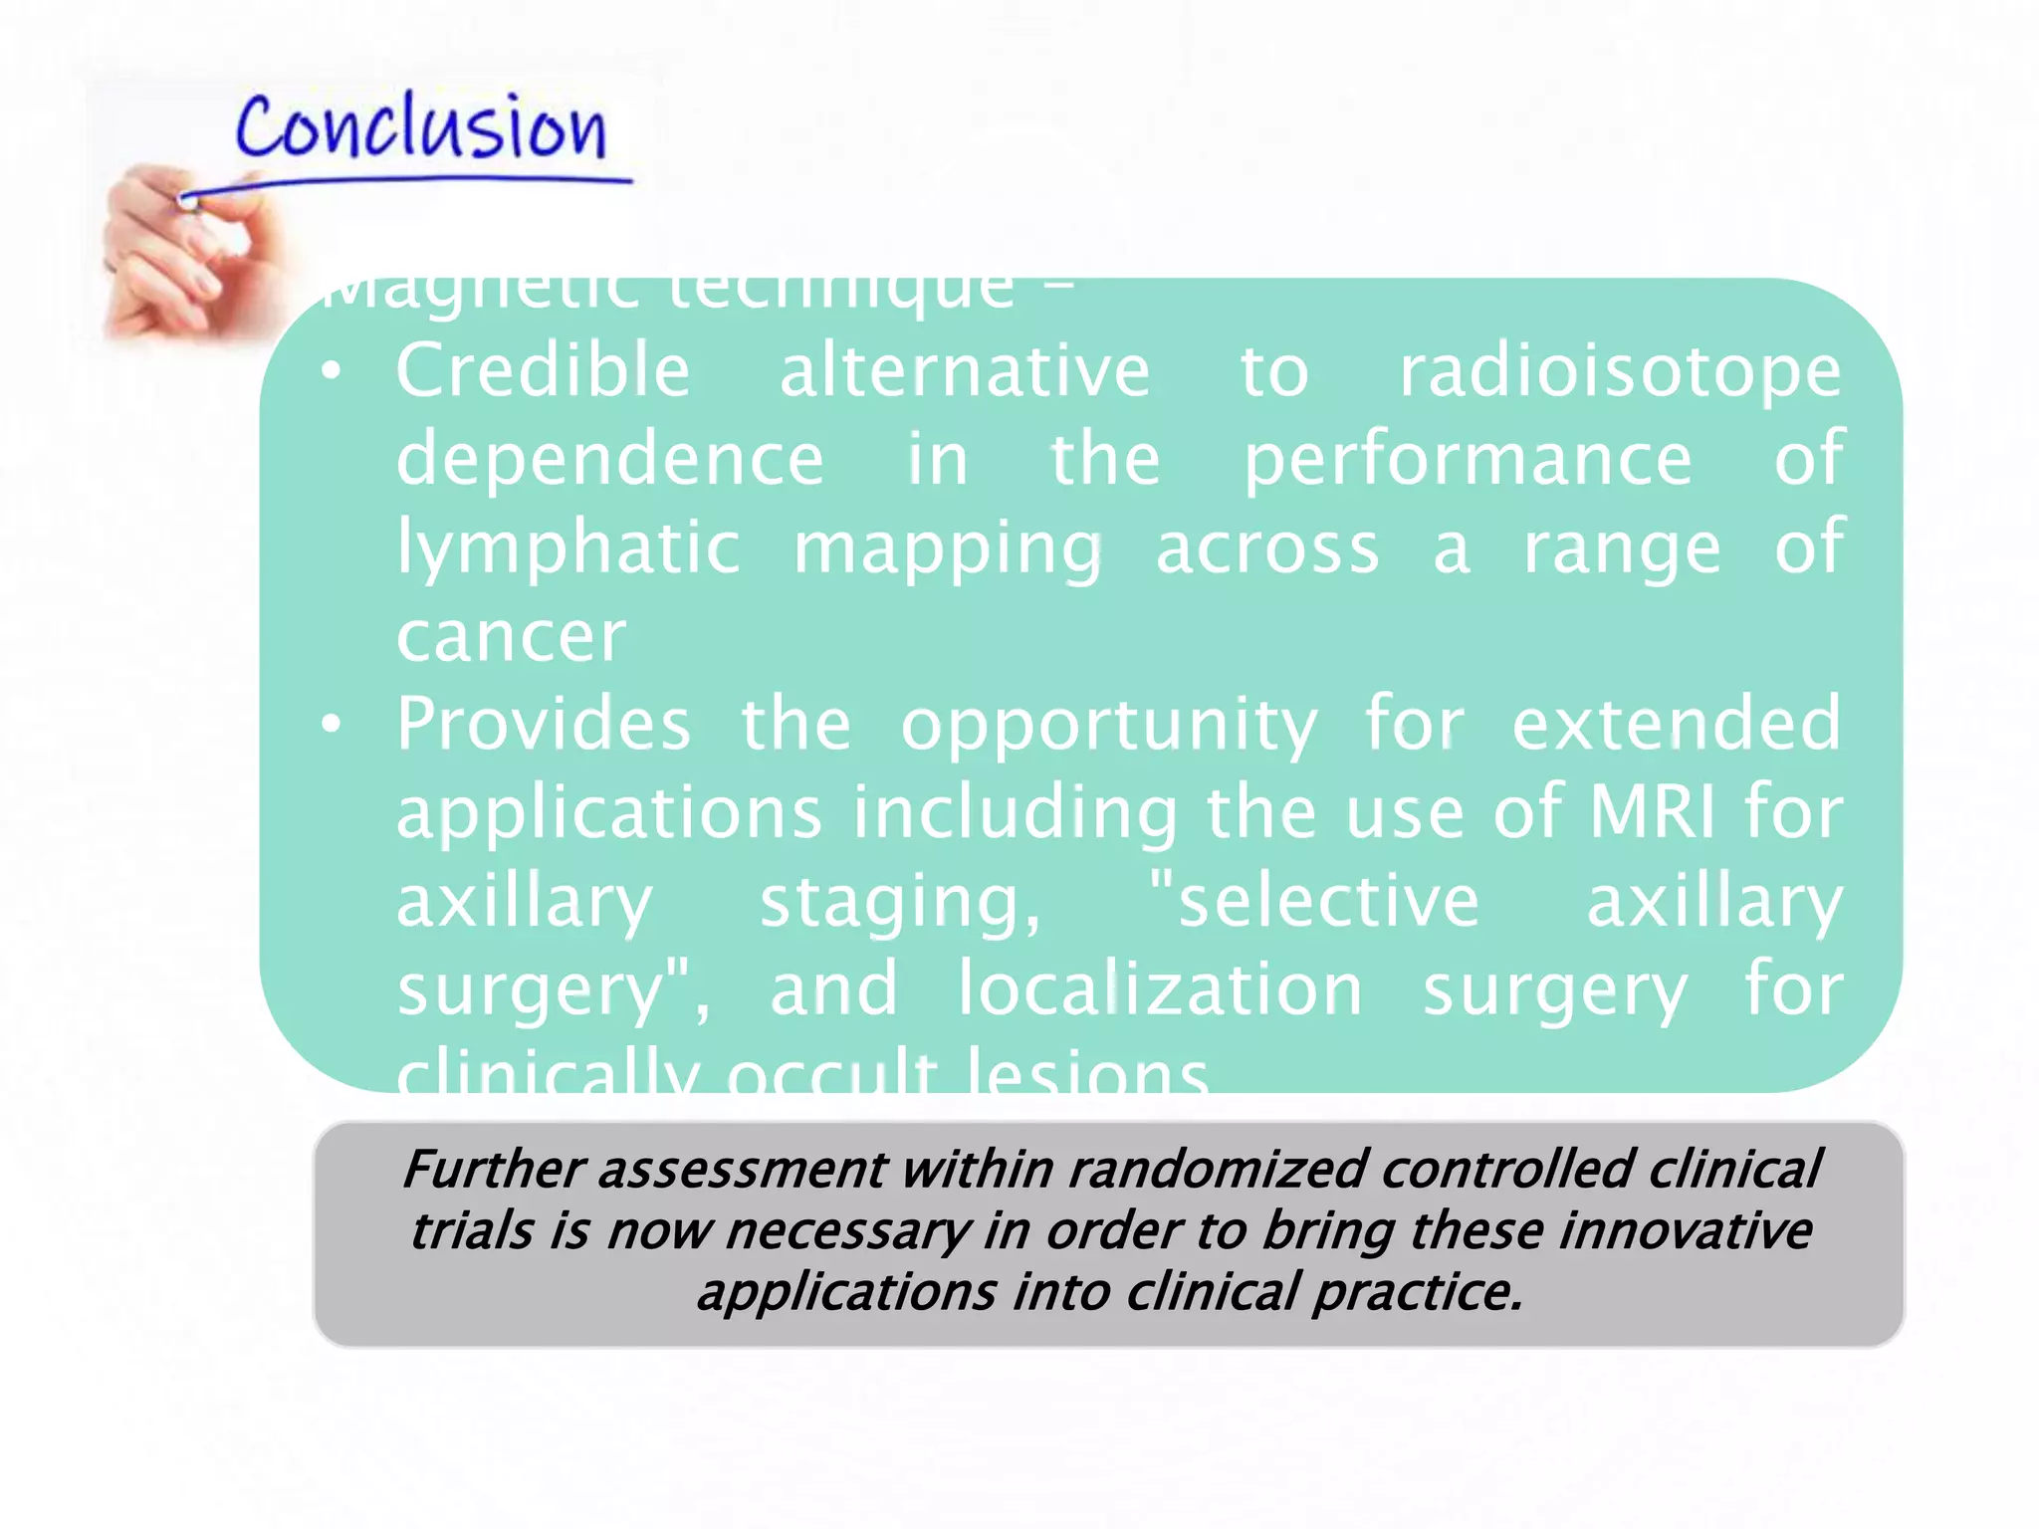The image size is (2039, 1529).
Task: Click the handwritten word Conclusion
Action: point(420,129)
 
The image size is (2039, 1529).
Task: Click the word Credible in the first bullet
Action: point(544,370)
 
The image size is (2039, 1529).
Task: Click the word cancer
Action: point(512,637)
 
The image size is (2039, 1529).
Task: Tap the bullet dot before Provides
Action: point(332,726)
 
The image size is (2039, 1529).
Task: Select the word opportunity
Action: point(1109,727)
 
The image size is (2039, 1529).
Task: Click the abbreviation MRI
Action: point(1652,813)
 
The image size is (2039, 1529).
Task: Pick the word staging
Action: point(900,903)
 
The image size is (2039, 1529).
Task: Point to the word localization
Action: point(1160,989)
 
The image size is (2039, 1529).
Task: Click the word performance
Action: point(1468,460)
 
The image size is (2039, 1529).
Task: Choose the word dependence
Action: point(610,460)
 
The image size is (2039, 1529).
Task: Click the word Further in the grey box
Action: point(492,1169)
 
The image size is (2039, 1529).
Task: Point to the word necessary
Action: point(847,1232)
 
